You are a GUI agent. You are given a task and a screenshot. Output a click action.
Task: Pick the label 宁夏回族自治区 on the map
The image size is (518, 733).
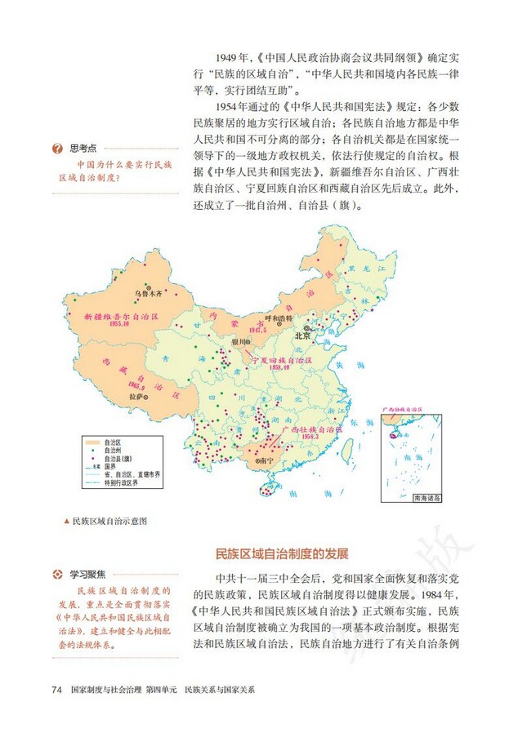tap(282, 359)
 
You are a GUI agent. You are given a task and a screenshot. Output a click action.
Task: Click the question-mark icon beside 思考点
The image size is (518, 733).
tap(57, 148)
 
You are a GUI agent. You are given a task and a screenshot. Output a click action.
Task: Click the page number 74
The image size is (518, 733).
tap(56, 690)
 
